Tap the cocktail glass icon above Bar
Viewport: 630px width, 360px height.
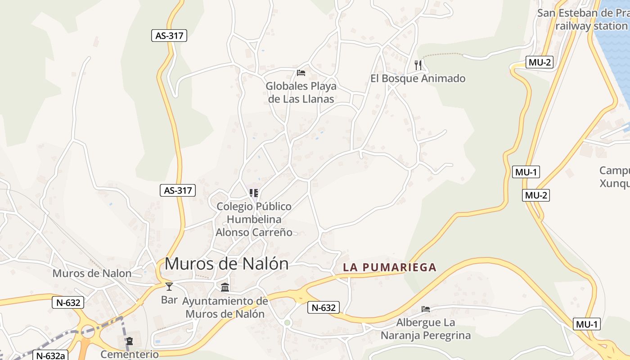tap(169, 287)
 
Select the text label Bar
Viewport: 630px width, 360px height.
tap(169, 300)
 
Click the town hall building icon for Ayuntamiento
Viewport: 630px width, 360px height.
tap(225, 287)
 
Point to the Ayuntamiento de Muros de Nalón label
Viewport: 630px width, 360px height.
tap(225, 307)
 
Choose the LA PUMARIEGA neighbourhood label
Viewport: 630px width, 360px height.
tap(390, 267)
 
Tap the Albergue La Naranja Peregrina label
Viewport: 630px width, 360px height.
tap(426, 329)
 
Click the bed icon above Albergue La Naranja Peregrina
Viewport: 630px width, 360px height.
tap(426, 309)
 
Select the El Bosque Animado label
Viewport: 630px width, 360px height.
tap(418, 79)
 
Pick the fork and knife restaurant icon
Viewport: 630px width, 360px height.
tap(418, 65)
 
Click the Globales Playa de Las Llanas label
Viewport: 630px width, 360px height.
tap(301, 92)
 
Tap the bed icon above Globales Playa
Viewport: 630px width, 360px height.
tap(301, 72)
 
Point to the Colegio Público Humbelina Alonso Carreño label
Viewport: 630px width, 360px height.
tap(254, 219)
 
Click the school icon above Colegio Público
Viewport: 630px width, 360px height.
tap(254, 193)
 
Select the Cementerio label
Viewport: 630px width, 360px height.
tap(130, 354)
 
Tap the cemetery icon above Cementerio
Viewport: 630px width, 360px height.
tap(130, 341)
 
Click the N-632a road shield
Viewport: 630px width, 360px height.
tap(50, 355)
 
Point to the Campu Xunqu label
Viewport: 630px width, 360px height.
tap(615, 177)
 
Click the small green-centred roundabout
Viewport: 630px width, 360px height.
tap(287, 322)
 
